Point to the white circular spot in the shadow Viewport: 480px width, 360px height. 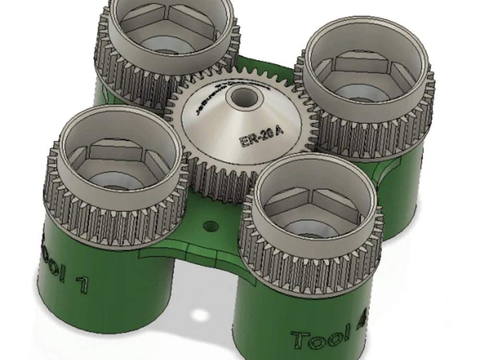tap(198, 315)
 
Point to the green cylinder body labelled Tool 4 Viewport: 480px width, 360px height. tap(288, 317)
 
